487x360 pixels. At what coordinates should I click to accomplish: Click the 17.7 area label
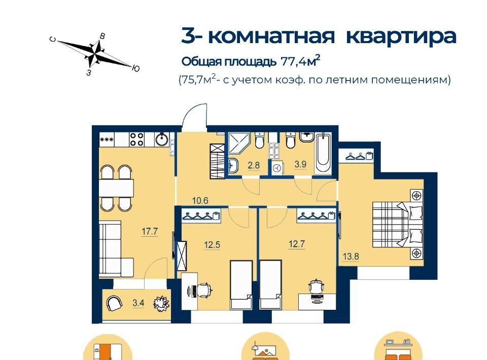tap(150, 231)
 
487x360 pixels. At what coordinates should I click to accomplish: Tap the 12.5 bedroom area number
tap(212, 244)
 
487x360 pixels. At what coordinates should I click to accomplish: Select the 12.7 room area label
tap(297, 244)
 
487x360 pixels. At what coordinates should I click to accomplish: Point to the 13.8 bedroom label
tap(351, 257)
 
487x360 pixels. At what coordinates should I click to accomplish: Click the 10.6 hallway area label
tap(200, 200)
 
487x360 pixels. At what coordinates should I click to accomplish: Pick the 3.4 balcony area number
tap(138, 302)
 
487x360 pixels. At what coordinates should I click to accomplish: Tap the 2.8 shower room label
tap(254, 165)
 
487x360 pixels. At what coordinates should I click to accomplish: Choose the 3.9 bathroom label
tap(300, 164)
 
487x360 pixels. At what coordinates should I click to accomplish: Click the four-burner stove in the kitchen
tap(136, 139)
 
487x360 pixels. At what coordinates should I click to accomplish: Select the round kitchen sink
tap(162, 139)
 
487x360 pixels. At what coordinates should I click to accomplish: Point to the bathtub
tap(323, 153)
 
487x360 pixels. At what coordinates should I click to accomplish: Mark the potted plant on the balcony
tap(161, 303)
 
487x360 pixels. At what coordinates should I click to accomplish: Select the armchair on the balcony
tap(114, 303)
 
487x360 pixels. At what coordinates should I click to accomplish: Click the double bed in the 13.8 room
tap(398, 224)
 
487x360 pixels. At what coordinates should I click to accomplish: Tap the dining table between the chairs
tap(116, 188)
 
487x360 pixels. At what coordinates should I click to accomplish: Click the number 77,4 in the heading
tap(292, 61)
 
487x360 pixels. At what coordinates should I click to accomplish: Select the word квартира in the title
tap(401, 37)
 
